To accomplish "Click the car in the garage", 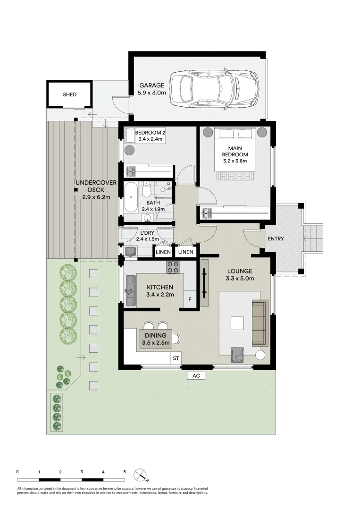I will point(215,88).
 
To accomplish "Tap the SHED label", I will point(69,94).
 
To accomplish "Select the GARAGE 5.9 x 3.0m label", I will point(152,89).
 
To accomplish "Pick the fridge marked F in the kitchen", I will point(190,299).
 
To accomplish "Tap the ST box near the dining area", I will point(176,358).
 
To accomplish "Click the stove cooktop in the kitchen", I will point(174,267).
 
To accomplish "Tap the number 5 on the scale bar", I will point(125,471).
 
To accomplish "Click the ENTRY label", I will point(276,239).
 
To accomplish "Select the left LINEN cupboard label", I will point(163,253).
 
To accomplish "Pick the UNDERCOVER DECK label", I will point(93,190).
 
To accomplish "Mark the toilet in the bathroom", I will point(146,189).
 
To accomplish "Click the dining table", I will point(155,340).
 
